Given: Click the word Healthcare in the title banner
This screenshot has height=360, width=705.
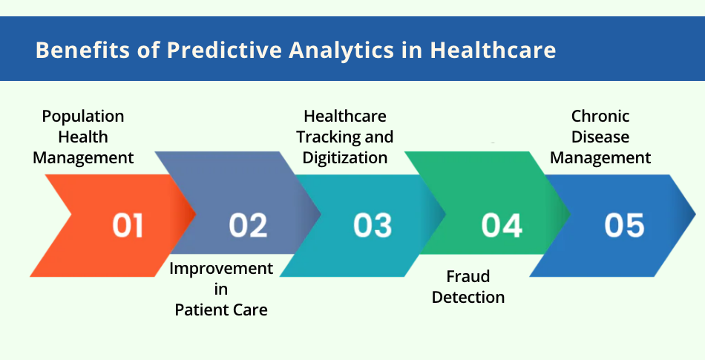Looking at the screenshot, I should point(493,50).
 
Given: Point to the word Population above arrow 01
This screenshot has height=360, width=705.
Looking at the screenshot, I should point(83,117).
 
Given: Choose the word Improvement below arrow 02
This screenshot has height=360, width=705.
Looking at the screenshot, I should point(221,268).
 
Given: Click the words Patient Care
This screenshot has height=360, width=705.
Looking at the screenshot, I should point(221,310).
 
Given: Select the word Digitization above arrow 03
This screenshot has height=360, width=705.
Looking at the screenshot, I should point(345,157).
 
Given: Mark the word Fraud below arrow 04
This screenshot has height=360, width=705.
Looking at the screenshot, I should point(468,276).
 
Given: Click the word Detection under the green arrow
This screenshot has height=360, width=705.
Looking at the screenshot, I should point(468,297).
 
